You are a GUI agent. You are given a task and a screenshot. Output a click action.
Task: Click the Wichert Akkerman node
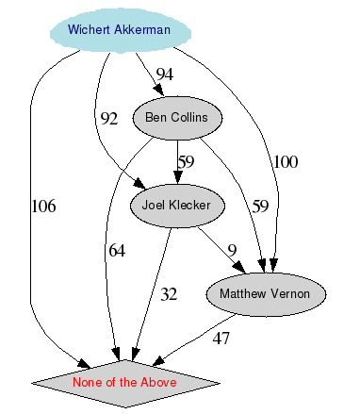coord(119,29)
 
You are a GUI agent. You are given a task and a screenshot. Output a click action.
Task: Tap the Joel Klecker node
coord(176,205)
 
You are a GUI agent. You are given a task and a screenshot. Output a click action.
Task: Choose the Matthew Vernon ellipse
coord(265,294)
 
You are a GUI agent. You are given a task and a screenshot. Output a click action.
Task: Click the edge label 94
coord(165,75)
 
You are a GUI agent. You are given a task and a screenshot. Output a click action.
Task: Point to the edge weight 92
coord(109,119)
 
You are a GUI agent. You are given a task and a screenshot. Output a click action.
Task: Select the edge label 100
coord(286,162)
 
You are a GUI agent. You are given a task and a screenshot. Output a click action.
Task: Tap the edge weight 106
coord(44,207)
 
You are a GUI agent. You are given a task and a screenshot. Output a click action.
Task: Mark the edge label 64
coord(117,250)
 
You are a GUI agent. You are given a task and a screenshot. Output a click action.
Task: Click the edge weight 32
coord(169,294)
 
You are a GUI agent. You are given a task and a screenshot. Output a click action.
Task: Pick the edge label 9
coord(232,250)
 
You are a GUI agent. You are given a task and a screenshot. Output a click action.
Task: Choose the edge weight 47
coord(221,339)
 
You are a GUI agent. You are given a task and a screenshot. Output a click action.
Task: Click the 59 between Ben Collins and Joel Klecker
coord(187,162)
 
